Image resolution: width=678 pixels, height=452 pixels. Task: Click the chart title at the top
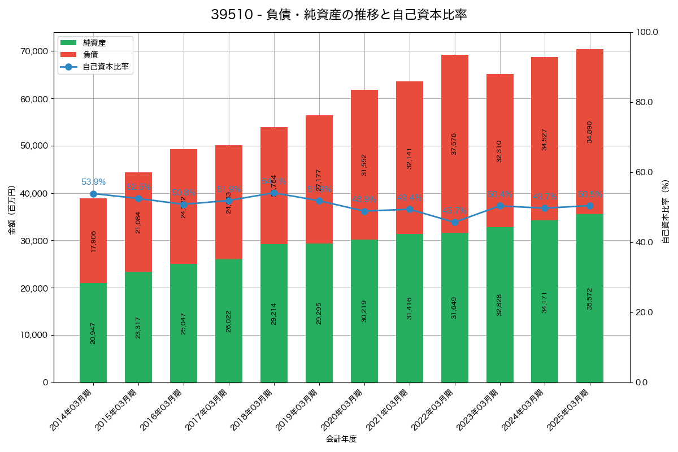(338, 15)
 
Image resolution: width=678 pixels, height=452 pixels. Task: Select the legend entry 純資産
(94, 43)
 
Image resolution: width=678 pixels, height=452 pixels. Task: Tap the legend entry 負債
(90, 55)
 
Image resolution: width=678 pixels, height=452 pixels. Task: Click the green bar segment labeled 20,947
(93, 333)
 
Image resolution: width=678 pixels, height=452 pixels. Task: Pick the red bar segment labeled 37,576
(455, 144)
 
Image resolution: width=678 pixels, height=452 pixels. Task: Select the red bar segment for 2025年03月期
(590, 132)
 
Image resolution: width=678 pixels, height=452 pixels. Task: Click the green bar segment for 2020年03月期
(364, 311)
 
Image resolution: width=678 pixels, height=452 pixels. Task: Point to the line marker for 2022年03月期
(455, 222)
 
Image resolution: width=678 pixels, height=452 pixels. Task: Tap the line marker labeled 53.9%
(93, 194)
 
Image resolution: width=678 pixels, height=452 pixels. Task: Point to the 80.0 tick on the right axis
(644, 102)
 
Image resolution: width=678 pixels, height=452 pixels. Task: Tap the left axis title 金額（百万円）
(12, 210)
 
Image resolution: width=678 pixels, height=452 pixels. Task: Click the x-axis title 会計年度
(341, 439)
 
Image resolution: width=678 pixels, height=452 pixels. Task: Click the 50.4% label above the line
(499, 195)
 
